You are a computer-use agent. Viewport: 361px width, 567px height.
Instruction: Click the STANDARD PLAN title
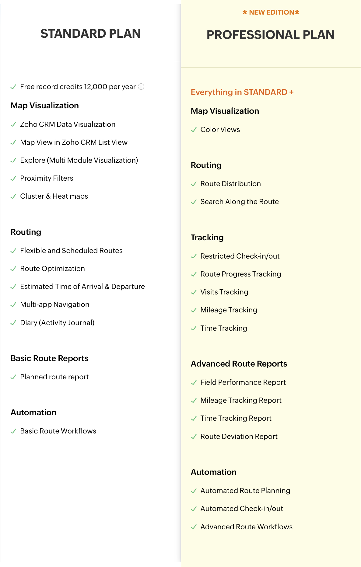[x=90, y=33]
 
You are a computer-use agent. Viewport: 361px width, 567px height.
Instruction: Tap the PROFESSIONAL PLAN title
[x=270, y=35]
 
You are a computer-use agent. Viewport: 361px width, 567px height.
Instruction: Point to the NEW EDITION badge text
[x=271, y=12]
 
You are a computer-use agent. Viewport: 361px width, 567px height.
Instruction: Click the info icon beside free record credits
[x=141, y=87]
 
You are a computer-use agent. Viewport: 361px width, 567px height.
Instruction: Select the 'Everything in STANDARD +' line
[x=242, y=92]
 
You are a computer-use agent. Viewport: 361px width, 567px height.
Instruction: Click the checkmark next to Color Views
[x=194, y=130]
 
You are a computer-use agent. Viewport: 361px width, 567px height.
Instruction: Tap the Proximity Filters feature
[x=47, y=178]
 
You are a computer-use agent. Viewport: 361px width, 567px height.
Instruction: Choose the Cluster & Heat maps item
[x=54, y=196]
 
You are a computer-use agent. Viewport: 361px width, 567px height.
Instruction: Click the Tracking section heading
[x=207, y=238]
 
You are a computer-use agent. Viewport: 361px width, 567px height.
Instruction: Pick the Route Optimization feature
[x=52, y=269]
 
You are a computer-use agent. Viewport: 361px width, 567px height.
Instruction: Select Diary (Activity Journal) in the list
[x=57, y=323]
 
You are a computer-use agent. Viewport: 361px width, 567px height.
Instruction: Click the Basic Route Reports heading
[x=49, y=358]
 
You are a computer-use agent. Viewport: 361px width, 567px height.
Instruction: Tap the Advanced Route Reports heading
[x=239, y=364]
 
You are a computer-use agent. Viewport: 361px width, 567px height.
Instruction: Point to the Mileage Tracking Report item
[x=241, y=400]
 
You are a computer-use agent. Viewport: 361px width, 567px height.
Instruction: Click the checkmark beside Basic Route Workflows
[x=13, y=431]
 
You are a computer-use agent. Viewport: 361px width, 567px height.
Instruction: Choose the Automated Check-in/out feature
[x=242, y=509]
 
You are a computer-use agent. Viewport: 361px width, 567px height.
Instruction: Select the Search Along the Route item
[x=240, y=202]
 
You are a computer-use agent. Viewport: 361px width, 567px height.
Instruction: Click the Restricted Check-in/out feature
[x=240, y=256]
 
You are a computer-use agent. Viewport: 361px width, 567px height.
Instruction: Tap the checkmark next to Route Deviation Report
[x=194, y=437]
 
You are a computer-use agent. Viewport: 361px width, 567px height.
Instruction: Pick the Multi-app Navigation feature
[x=55, y=304]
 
